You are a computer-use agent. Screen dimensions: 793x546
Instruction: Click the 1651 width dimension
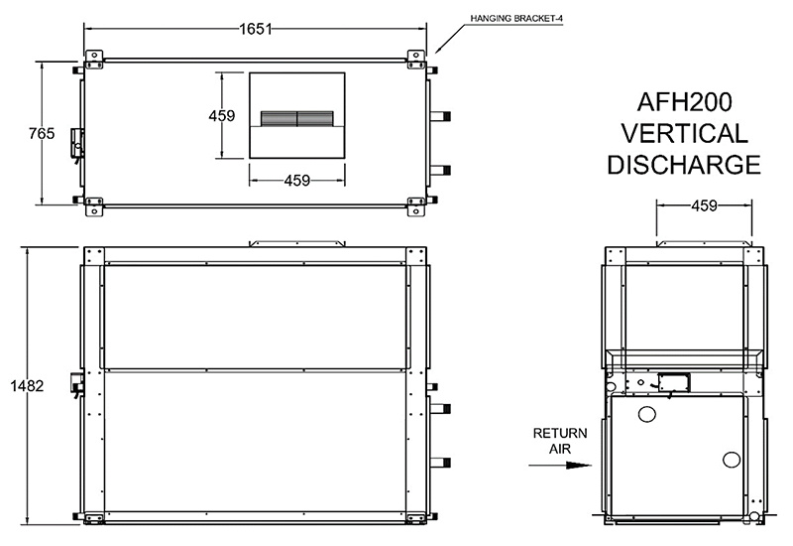256,29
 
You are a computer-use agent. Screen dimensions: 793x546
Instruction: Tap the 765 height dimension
42,133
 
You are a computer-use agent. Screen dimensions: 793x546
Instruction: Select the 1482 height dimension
28,386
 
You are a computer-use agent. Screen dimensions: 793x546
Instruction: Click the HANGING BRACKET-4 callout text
515,19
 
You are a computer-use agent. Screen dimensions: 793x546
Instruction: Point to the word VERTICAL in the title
684,133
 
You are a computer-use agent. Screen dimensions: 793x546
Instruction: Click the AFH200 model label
684,102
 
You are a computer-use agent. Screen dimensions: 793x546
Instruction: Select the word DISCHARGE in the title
684,165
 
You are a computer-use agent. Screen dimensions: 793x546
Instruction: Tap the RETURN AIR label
560,441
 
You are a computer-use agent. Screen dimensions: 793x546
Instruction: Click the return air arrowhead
579,465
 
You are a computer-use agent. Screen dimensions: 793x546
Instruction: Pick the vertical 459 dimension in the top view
221,116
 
